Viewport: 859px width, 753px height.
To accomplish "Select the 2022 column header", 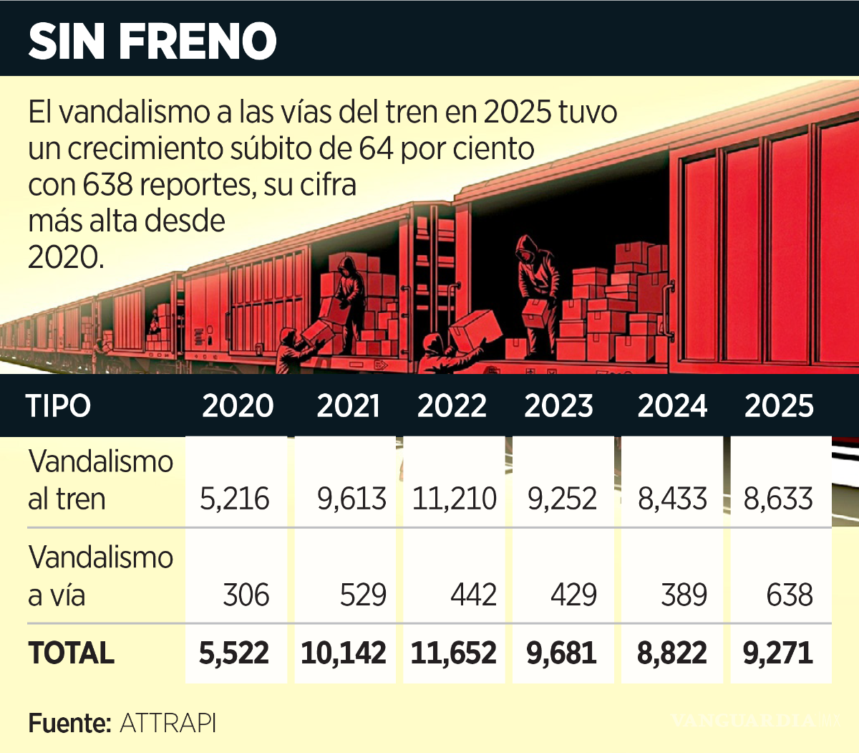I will pyautogui.click(x=452, y=406).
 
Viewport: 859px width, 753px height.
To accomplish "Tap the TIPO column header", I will pyautogui.click(x=59, y=406).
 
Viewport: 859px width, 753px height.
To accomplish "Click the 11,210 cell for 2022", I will pyautogui.click(x=454, y=499).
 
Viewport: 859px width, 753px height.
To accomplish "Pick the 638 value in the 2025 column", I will pyautogui.click(x=790, y=595).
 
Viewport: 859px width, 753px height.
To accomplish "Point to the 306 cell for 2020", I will pyautogui.click(x=246, y=595).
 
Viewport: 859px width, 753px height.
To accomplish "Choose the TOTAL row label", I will pyautogui.click(x=71, y=653).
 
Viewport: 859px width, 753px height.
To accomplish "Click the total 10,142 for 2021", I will pyautogui.click(x=344, y=653).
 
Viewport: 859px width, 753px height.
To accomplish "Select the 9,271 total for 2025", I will pyautogui.click(x=778, y=653).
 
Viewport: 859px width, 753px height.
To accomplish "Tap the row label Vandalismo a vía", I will pyautogui.click(x=100, y=576).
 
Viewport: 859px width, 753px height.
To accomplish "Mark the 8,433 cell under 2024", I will pyautogui.click(x=672, y=499).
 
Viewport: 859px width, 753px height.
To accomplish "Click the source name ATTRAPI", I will pyautogui.click(x=168, y=723).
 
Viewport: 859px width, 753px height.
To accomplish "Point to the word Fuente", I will pyautogui.click(x=69, y=723).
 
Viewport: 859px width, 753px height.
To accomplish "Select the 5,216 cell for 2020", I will pyautogui.click(x=234, y=499).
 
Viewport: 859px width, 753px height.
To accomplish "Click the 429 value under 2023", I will pyautogui.click(x=573, y=595).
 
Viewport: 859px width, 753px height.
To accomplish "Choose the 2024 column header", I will pyautogui.click(x=672, y=406).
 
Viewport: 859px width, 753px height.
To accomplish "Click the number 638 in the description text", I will pyautogui.click(x=107, y=185).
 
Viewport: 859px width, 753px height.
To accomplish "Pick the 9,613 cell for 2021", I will pyautogui.click(x=351, y=499).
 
